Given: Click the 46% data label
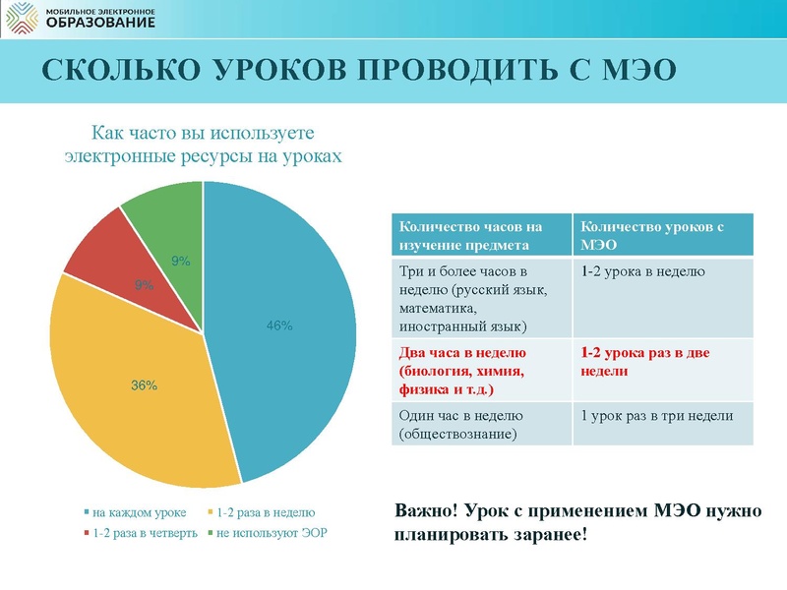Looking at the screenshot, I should (x=279, y=325).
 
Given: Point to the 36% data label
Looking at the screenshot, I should (x=145, y=385).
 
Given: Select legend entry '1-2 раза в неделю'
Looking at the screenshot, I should (x=265, y=512).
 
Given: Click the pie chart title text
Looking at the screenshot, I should (x=203, y=144).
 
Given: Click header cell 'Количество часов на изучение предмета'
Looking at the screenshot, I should (x=480, y=235).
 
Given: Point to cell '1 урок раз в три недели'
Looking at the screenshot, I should (x=658, y=416).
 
